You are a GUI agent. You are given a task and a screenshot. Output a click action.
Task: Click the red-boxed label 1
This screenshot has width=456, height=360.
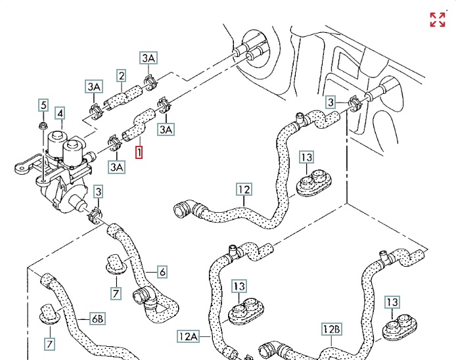(139, 152)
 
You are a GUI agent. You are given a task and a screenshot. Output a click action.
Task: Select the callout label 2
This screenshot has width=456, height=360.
(121, 76)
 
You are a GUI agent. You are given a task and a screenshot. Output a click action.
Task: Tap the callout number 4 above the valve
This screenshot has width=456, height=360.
(60, 114)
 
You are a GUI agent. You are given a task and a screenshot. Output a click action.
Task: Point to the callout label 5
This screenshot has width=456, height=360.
(43, 104)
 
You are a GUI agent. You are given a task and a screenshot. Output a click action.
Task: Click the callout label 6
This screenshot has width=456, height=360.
(162, 271)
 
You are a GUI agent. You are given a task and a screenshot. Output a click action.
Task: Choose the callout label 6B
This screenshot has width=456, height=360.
(97, 319)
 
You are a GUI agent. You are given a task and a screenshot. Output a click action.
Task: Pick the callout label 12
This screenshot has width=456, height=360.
(244, 191)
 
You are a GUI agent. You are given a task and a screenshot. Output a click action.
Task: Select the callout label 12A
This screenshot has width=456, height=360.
(187, 336)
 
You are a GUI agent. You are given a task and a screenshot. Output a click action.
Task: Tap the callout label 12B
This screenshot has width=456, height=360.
(331, 328)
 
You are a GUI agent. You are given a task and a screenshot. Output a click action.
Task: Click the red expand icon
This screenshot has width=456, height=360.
(438, 19)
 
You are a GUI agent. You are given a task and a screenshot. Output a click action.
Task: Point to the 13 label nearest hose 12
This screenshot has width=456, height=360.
(307, 158)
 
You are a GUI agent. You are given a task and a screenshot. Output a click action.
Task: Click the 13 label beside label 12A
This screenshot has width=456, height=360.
(239, 286)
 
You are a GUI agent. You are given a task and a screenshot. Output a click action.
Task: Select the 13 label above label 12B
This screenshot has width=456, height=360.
(392, 302)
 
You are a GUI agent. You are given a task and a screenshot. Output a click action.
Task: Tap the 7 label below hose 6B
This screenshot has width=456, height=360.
(49, 343)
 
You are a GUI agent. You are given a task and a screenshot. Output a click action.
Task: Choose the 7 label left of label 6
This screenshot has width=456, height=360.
(115, 292)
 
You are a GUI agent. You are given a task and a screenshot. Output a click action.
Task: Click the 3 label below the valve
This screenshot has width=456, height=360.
(98, 192)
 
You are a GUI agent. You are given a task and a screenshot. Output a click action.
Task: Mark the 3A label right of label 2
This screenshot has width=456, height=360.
(148, 58)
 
